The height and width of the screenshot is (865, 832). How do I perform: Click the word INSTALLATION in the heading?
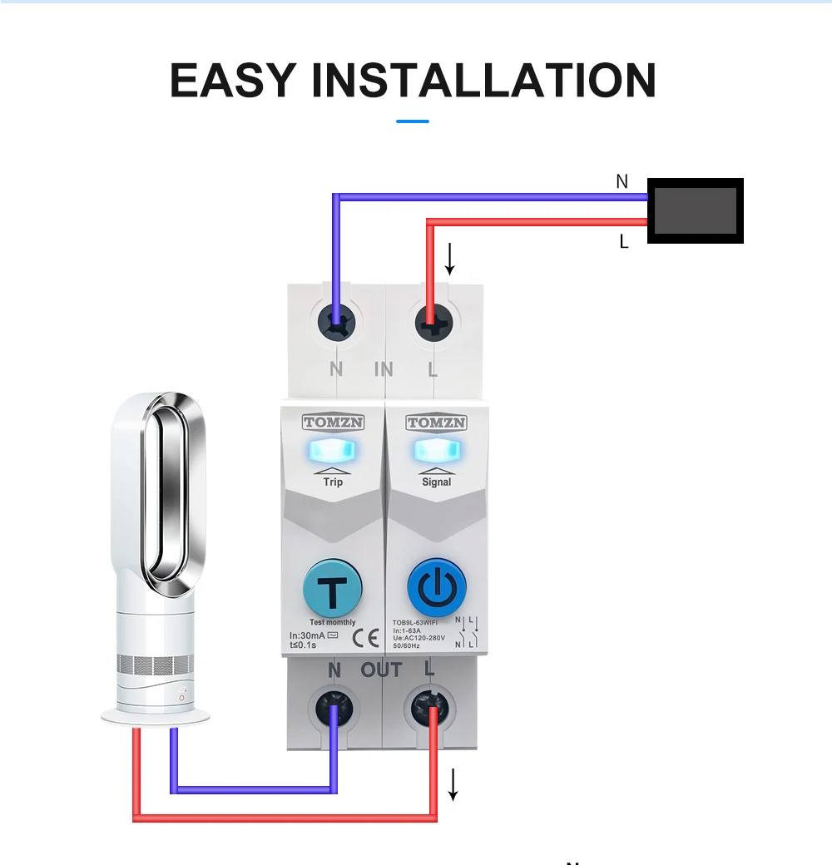(x=483, y=80)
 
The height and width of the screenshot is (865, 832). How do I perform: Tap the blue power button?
(x=431, y=589)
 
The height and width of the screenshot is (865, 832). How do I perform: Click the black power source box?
(x=695, y=210)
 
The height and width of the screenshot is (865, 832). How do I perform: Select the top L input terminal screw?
(x=432, y=319)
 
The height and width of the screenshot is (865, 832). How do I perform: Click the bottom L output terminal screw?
(x=431, y=709)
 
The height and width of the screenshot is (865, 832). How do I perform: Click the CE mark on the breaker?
(x=365, y=638)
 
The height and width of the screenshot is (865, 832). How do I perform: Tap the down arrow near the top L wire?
(x=450, y=259)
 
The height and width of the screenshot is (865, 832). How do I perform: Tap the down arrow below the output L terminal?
(x=453, y=784)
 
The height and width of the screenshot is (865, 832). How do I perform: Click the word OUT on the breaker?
(x=381, y=670)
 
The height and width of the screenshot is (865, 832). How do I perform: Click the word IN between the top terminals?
(x=384, y=369)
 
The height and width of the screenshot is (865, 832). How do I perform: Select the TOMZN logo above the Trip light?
(x=333, y=423)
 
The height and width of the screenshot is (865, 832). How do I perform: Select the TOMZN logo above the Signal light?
(x=436, y=423)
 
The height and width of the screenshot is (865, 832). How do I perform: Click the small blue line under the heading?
(x=413, y=121)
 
